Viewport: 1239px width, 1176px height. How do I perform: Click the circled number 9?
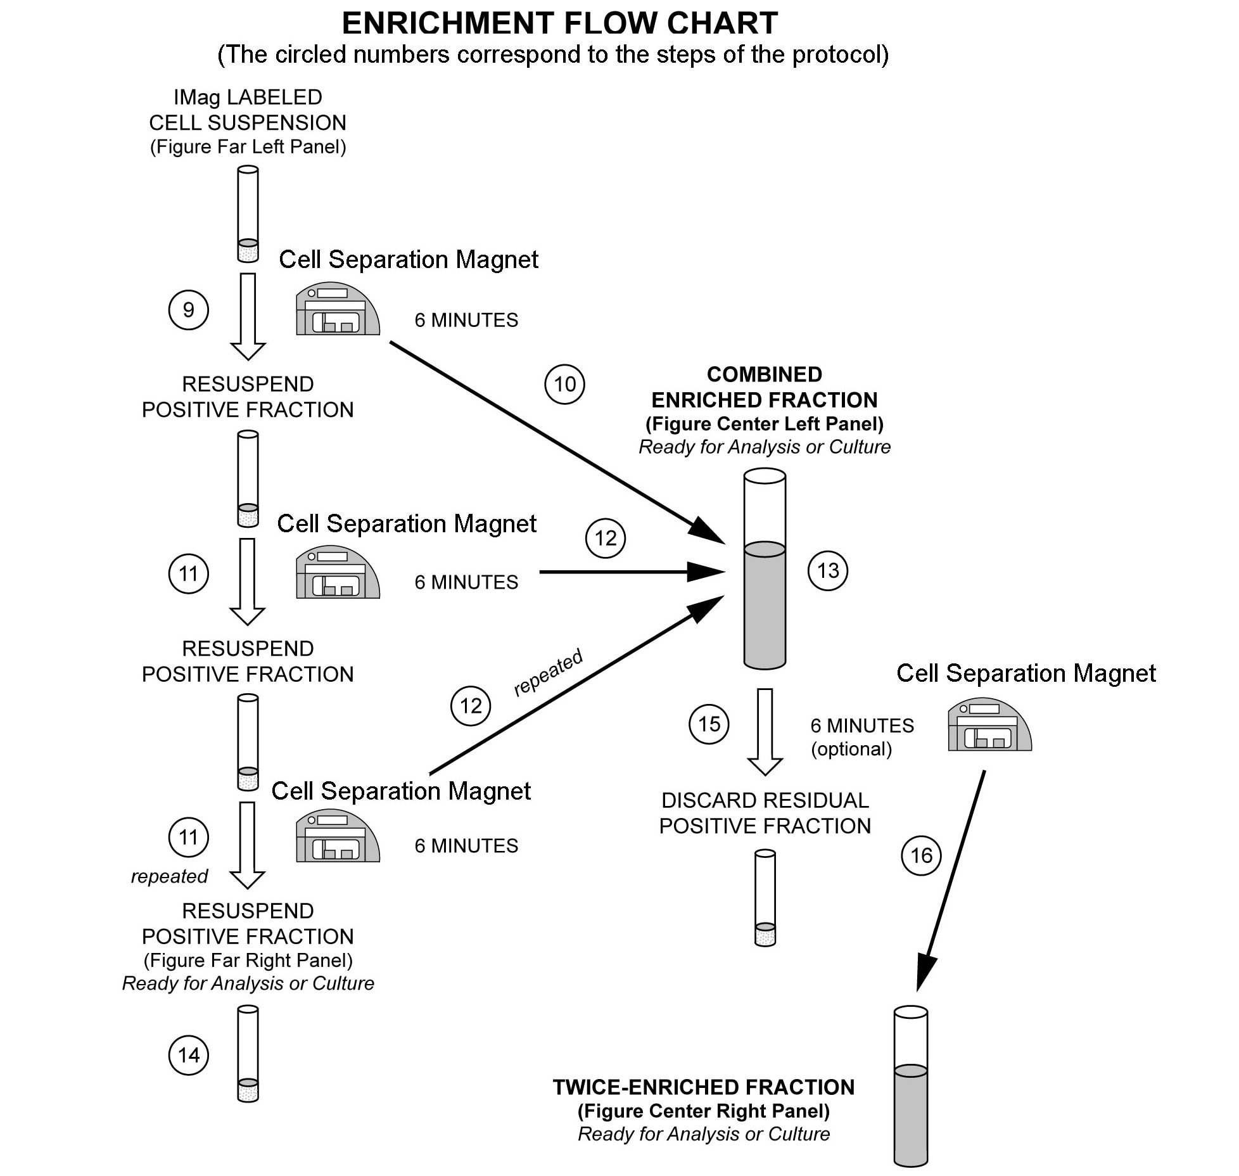(188, 310)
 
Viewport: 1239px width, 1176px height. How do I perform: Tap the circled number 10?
(564, 384)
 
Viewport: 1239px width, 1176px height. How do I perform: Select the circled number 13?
(827, 571)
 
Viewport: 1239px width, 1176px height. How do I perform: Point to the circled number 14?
(188, 1055)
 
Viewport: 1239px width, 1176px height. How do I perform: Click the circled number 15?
(709, 724)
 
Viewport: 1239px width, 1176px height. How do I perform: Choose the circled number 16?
(921, 856)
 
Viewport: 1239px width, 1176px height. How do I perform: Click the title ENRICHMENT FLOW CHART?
(559, 23)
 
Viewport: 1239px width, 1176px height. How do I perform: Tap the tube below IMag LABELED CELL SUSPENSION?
(248, 214)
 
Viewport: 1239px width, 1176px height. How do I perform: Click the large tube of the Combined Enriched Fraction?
(765, 569)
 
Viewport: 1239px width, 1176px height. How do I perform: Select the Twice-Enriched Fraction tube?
(910, 1086)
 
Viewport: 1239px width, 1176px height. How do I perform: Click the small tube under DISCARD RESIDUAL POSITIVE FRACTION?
(765, 898)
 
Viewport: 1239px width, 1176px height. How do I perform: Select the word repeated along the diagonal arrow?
(548, 672)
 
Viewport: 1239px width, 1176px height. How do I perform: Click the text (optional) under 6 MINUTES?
(851, 749)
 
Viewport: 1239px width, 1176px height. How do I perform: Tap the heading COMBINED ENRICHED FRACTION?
(764, 387)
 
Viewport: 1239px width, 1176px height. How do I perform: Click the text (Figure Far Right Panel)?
(248, 960)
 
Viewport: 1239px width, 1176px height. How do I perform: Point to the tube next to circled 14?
(248, 1054)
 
